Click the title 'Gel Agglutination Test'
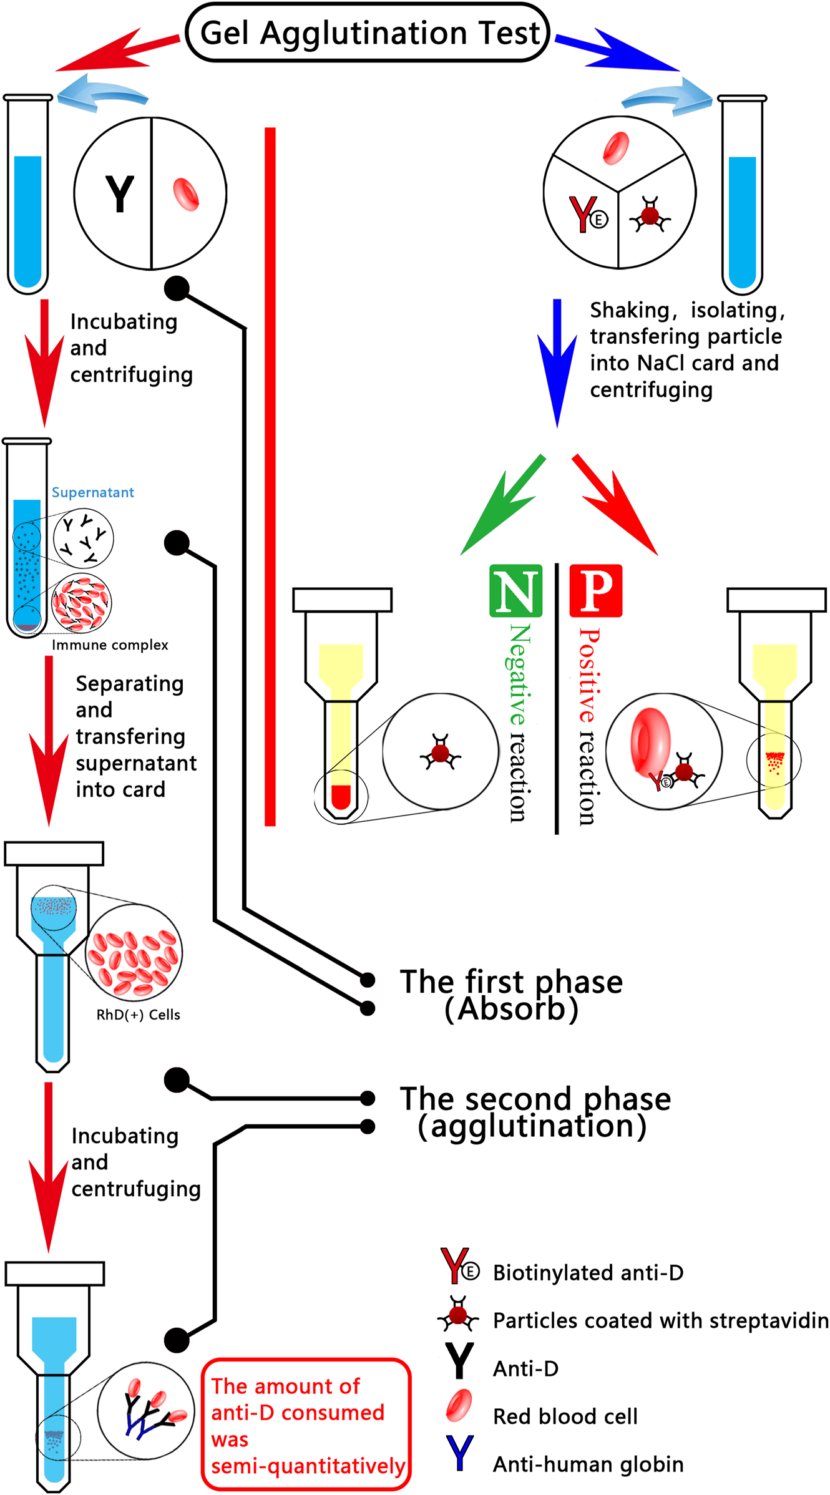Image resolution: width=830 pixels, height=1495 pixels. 369,32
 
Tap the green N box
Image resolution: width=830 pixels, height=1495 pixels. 515,590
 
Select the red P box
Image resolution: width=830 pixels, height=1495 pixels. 596,590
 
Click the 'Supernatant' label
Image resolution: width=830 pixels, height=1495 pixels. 92,492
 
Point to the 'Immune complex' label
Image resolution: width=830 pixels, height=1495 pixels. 110,645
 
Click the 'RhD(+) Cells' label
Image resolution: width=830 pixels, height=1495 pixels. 138,1015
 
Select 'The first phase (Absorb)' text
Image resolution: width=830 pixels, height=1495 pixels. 511,995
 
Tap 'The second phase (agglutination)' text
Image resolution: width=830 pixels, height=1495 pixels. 535,1112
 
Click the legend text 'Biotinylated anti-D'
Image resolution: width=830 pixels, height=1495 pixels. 588,1272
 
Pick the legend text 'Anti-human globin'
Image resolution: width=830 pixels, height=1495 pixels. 588,1464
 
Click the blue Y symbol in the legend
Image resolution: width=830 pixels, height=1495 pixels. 459,1453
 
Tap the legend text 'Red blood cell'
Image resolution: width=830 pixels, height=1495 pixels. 565,1416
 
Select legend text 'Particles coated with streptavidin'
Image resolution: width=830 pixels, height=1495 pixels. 661,1320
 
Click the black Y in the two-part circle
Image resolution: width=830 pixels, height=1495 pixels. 119,194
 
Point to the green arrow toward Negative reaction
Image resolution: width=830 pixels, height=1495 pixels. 502,505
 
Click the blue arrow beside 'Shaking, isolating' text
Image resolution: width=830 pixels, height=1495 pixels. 557,363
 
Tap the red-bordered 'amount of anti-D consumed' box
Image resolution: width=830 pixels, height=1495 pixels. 306,1424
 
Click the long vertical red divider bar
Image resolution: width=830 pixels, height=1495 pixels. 270,477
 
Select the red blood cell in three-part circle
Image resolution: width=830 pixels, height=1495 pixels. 616,148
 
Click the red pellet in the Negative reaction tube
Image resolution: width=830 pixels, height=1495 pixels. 341,796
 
